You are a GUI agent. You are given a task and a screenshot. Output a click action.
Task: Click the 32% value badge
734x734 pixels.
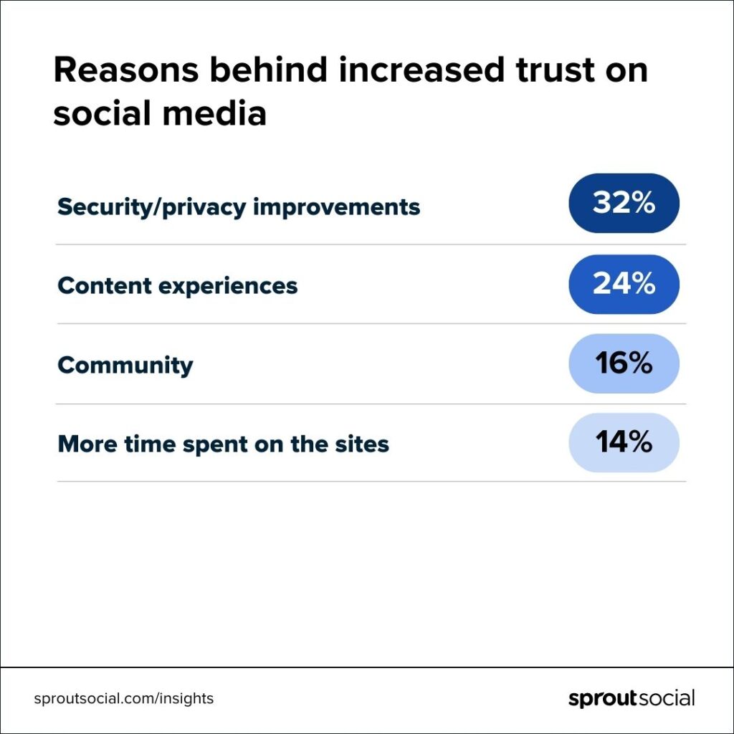624,204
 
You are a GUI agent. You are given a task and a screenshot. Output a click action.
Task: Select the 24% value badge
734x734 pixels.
624,285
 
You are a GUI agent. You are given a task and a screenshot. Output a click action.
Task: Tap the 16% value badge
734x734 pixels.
624,363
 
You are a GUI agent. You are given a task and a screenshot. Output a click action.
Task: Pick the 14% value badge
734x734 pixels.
624,442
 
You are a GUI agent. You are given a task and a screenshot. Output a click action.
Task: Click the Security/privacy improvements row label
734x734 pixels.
239,207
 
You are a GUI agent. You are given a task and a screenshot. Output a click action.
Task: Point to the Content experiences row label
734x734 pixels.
177,286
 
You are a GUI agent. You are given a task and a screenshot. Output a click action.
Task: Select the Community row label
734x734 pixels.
125,365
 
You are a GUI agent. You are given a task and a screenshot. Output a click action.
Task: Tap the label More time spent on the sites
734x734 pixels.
223,444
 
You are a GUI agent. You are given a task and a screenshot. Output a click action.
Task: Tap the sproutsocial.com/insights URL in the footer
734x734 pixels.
124,698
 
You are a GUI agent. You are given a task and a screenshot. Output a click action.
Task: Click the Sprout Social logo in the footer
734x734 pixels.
631,698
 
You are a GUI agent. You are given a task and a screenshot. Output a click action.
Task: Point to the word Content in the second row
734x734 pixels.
104,286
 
